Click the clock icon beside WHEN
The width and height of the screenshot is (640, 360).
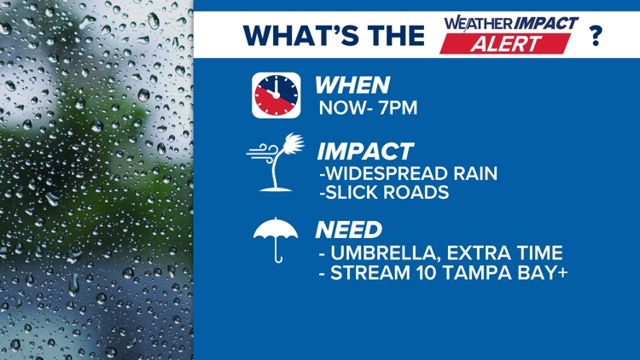point(276,96)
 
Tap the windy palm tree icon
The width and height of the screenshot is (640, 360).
point(276,162)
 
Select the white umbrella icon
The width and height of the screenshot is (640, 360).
point(276,240)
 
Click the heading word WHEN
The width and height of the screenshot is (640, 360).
point(352,85)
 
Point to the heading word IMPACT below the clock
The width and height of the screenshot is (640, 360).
point(365,152)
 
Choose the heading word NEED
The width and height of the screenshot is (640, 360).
point(348,229)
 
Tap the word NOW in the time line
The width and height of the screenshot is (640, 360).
point(342,107)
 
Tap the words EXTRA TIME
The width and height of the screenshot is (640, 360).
point(505,253)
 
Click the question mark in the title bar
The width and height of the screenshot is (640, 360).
point(596,35)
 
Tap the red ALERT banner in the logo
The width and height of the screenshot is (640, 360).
point(505,44)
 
